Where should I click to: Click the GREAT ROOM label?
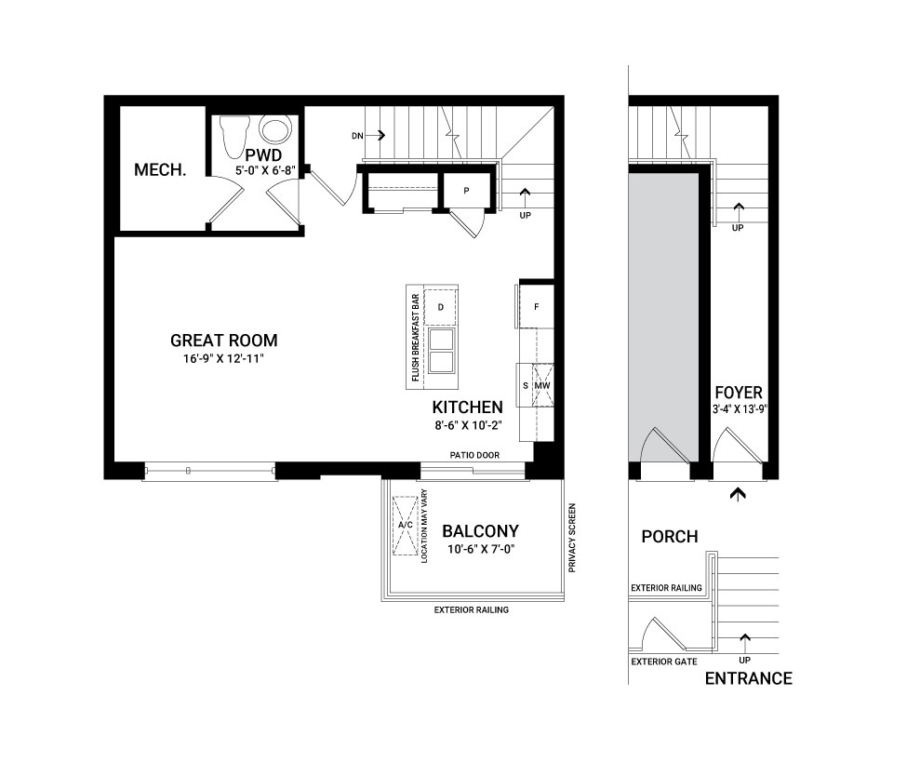[223, 341]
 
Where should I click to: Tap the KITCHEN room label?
[468, 408]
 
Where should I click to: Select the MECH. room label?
[160, 170]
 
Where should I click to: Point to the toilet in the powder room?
[234, 136]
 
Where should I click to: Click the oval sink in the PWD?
[275, 130]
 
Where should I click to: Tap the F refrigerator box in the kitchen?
[536, 306]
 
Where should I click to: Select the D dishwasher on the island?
[441, 307]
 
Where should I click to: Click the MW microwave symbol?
[542, 386]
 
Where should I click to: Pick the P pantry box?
[466, 191]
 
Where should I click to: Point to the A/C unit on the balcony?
[406, 525]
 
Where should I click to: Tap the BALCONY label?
[481, 531]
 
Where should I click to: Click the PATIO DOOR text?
[474, 455]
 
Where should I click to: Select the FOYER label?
[739, 393]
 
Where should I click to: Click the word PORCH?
[670, 537]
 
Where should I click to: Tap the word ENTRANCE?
[749, 678]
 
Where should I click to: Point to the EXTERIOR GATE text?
[664, 662]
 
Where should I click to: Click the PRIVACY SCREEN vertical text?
[572, 538]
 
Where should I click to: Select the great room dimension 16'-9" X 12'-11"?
[223, 359]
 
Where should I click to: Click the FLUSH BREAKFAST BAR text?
[416, 338]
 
